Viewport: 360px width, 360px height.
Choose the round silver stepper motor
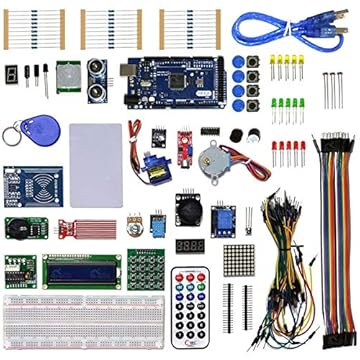click(213, 154)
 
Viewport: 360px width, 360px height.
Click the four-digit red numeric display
click(189, 245)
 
